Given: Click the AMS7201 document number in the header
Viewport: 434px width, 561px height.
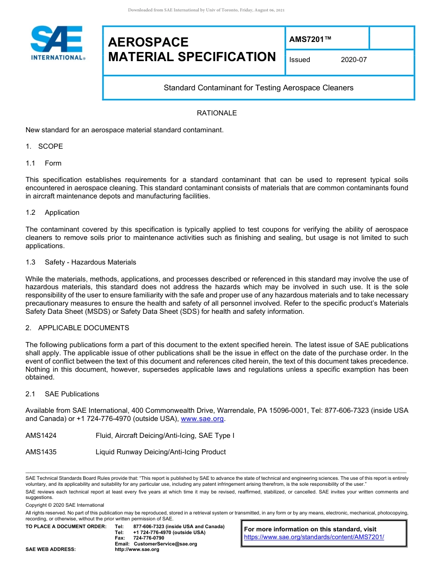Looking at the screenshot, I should (x=310, y=39).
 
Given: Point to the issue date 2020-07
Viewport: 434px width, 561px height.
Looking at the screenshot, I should (x=354, y=60).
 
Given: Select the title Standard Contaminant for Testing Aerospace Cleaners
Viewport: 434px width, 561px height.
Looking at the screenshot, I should (x=259, y=88).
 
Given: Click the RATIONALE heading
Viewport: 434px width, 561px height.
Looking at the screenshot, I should (x=217, y=113).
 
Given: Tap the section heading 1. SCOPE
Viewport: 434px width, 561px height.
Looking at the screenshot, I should (x=44, y=146).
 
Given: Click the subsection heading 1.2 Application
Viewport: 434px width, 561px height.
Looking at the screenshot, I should (x=53, y=213).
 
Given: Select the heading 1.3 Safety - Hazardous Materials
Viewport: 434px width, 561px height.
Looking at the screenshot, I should (x=81, y=262).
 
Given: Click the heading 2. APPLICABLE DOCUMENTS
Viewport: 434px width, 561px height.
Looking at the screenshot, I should (x=77, y=328).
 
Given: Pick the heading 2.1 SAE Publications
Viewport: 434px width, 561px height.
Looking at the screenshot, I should (x=62, y=394).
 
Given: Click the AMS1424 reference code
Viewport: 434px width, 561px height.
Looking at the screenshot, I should (x=41, y=436).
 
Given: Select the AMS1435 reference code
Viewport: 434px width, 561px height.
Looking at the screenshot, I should (x=41, y=452).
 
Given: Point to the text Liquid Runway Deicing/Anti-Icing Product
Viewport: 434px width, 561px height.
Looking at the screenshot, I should (x=160, y=452).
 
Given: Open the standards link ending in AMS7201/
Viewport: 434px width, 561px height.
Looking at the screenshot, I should (x=314, y=537).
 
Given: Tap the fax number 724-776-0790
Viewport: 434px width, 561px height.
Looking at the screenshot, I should (x=148, y=538).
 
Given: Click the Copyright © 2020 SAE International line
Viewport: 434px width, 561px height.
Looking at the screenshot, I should (x=65, y=505).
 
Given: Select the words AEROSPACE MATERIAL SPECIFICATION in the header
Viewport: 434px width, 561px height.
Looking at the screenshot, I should (x=192, y=50).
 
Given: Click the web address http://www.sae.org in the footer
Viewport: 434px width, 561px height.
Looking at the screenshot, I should (x=137, y=550).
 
